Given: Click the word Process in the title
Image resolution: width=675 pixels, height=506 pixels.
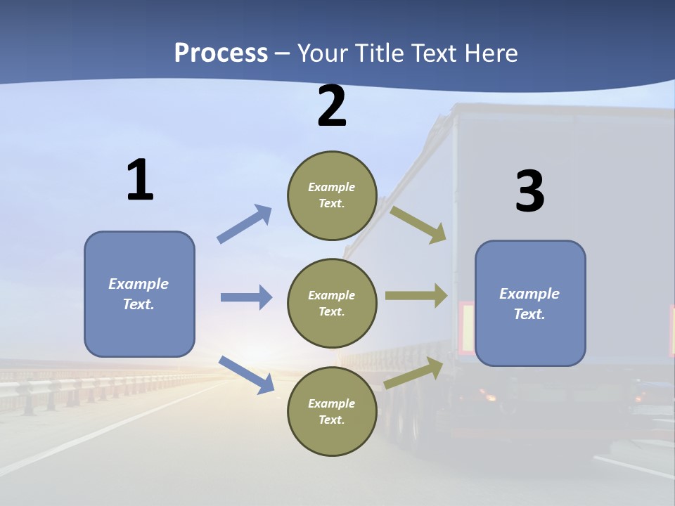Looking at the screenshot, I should coord(221,53).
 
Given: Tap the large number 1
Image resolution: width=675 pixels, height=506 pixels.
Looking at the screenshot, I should coord(140,180).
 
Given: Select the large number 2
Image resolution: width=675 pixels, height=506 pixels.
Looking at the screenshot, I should coord(332,106).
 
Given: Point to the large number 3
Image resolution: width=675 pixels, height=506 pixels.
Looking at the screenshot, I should coord(529,192).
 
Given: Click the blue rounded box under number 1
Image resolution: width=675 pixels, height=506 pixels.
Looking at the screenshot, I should coord(139,294).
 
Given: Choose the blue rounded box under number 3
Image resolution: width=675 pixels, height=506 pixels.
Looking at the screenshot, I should coord(530,304).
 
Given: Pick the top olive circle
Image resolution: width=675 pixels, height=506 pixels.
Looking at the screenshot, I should coord(332,195).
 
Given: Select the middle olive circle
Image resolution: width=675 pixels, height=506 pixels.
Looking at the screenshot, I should coord(332,304).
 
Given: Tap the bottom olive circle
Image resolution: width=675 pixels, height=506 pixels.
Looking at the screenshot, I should coord(332,412).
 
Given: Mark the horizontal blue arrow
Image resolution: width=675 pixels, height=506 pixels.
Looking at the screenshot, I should coord(246,297).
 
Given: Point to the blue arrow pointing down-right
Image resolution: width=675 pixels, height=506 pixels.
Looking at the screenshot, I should coord(246,374).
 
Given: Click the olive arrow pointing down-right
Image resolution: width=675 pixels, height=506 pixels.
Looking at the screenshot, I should coord(418,224).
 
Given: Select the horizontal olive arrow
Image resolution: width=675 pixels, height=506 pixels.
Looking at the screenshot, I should coord(416,296).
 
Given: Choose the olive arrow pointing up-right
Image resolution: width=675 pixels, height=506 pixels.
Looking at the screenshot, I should coord(413,373).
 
